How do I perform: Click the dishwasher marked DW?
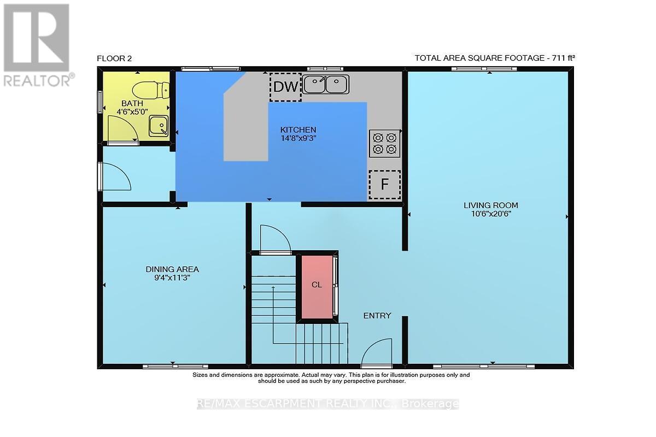tap(285, 87)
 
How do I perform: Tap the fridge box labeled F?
tap(384, 185)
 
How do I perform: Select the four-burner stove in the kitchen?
tap(384, 144)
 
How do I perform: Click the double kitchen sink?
tap(326, 84)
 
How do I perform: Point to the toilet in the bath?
tap(151, 91)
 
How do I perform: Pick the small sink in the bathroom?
tap(159, 126)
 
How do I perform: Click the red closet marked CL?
tap(317, 287)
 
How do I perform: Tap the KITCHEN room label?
tap(298, 129)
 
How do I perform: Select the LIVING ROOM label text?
tap(491, 205)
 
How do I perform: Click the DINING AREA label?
tap(172, 269)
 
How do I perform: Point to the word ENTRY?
tap(377, 316)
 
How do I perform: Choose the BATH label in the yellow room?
tap(132, 103)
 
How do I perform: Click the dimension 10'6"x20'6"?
tap(491, 214)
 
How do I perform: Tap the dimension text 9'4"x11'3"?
tap(172, 277)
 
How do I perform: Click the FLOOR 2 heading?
tap(114, 58)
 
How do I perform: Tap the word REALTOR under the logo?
tap(37, 80)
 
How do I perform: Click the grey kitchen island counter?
tap(246, 123)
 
